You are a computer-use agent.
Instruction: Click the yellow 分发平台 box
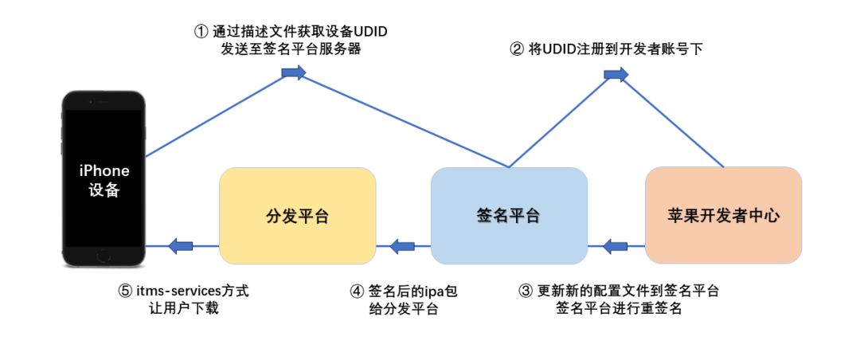tap(297, 216)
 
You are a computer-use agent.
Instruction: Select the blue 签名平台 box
tap(509, 216)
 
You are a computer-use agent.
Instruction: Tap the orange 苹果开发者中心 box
tap(723, 216)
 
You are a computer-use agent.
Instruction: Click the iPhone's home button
tap(104, 256)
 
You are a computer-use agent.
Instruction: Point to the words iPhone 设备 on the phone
tap(104, 181)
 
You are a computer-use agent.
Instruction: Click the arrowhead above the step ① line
tap(294, 73)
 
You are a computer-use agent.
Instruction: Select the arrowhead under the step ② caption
tap(616, 73)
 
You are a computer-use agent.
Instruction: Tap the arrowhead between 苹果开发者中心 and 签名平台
tap(616, 246)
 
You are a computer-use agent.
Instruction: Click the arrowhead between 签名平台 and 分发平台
tap(402, 246)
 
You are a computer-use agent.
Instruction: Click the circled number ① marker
tap(201, 32)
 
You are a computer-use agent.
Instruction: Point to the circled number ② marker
tap(517, 49)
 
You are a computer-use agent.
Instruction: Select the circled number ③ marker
tap(525, 291)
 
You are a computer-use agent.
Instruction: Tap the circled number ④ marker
tap(356, 291)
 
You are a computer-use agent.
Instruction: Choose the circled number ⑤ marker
tap(125, 291)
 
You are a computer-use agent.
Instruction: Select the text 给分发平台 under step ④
tap(405, 309)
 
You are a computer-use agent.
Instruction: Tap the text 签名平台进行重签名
tap(619, 309)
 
